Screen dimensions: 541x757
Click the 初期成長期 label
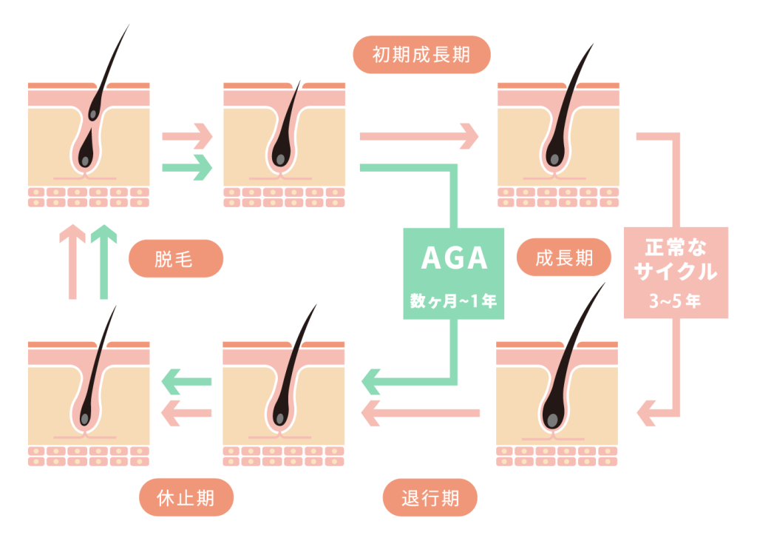(421, 55)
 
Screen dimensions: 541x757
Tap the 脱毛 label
(176, 259)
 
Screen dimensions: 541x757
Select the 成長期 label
(564, 258)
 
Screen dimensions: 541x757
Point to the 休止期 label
(186, 497)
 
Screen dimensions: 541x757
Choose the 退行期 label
(430, 497)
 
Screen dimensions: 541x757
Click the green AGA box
(454, 273)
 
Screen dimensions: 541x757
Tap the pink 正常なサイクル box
(676, 272)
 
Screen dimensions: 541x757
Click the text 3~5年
(676, 301)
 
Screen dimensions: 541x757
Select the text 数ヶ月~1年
(454, 302)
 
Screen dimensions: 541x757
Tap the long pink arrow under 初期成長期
(418, 136)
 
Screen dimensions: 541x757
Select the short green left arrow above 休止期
(186, 382)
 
